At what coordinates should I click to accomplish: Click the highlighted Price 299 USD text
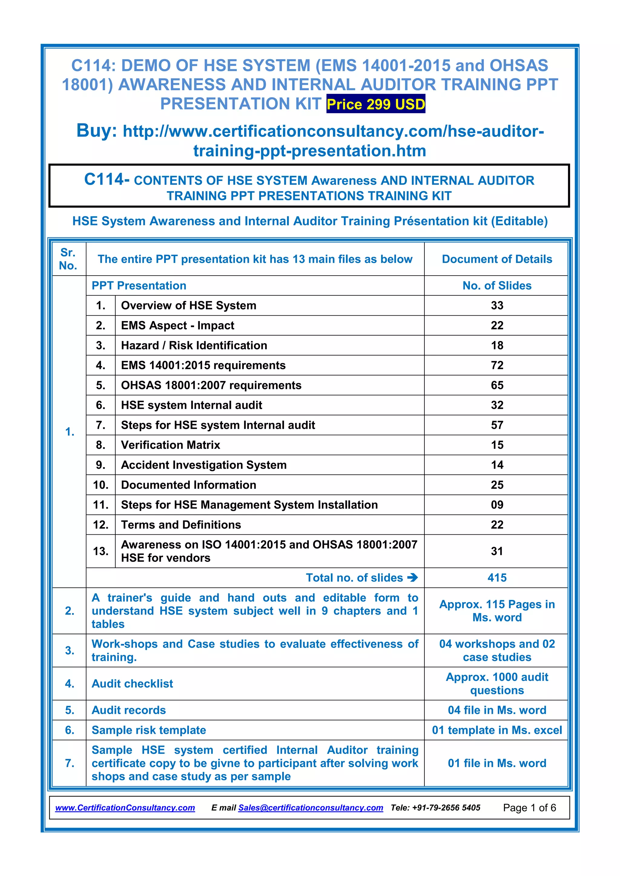click(x=376, y=104)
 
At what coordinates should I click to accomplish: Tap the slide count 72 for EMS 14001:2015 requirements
click(x=497, y=365)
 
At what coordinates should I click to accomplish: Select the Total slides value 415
click(x=497, y=578)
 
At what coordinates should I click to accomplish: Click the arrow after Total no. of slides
click(x=412, y=578)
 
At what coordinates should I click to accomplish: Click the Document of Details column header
click(x=497, y=259)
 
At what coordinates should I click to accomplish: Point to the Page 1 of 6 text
click(x=529, y=808)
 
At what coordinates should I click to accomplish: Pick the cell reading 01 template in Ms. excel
click(x=497, y=730)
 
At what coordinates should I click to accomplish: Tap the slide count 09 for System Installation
click(x=497, y=505)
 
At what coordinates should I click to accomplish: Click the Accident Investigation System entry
click(x=203, y=465)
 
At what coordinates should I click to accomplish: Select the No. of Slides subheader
click(x=497, y=285)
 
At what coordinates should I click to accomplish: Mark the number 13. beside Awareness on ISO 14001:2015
click(x=101, y=551)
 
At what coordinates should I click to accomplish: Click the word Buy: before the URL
click(x=97, y=130)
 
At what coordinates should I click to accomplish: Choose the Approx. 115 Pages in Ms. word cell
click(x=497, y=611)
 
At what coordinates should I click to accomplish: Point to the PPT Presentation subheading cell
click(x=139, y=285)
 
